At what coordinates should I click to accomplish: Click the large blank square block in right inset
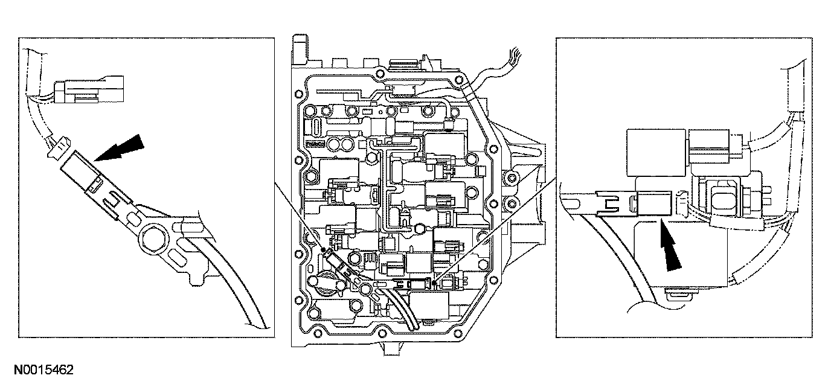coord(655,150)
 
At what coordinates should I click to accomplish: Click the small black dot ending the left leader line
coord(324,249)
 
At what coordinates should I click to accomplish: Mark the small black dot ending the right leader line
coord(434,281)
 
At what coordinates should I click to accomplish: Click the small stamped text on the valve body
coord(315,144)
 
